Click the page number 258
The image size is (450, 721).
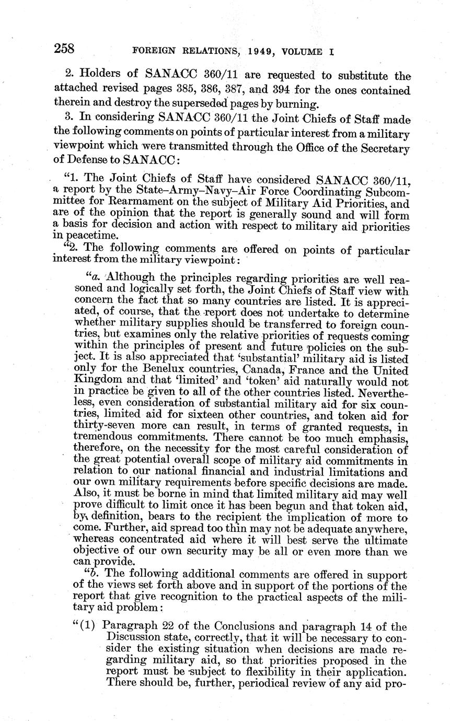[65, 49]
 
